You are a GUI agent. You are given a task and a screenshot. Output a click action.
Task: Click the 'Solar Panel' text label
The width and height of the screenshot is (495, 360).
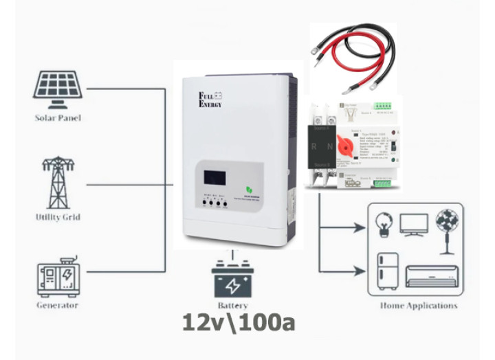(x=58, y=118)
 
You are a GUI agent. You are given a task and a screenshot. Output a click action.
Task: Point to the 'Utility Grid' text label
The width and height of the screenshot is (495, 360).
(x=58, y=217)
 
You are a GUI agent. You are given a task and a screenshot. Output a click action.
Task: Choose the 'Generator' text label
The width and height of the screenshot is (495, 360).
(x=58, y=305)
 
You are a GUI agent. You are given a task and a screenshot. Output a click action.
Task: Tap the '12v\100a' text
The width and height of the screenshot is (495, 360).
(x=239, y=322)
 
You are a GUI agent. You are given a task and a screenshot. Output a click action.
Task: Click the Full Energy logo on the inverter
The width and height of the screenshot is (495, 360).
(x=210, y=100)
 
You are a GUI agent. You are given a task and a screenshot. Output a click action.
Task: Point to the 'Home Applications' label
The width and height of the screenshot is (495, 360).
(x=418, y=306)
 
